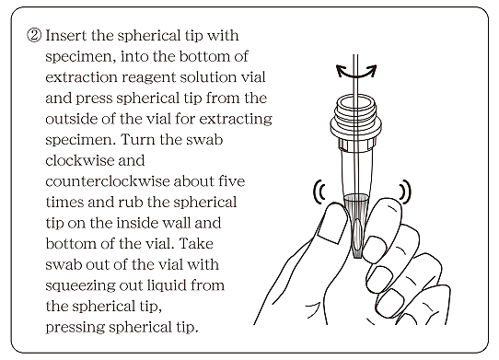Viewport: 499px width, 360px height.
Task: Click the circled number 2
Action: point(34,35)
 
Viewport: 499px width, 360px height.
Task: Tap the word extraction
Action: point(81,77)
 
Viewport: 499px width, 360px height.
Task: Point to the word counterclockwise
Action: point(108,181)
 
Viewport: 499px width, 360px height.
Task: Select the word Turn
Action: point(136,139)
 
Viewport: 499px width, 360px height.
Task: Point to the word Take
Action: point(196,243)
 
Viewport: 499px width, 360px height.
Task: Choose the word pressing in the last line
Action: point(75,328)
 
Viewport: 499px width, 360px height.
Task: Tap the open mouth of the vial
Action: point(356,103)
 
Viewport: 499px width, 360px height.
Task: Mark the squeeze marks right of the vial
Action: point(405,192)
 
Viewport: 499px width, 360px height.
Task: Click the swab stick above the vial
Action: point(355,75)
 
